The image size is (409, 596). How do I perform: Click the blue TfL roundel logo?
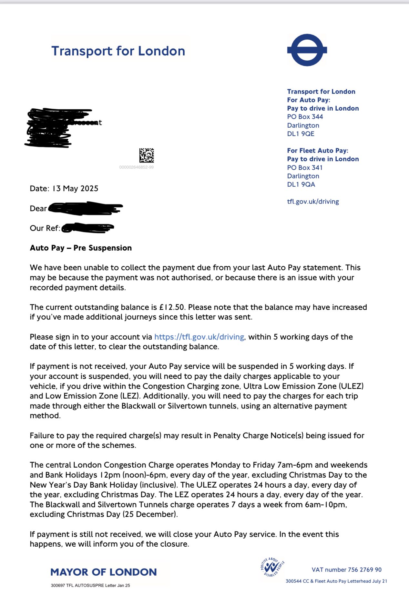pos(307,50)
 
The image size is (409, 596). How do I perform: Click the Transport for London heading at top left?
pos(118,51)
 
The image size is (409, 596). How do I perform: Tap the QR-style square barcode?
pos(147,155)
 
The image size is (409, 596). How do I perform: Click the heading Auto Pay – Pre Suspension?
pos(81,248)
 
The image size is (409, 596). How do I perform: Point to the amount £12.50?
pos(172,307)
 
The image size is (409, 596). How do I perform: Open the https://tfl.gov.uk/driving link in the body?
pos(199,337)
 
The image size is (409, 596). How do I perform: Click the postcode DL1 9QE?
pos(301,134)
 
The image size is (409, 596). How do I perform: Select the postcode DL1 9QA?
pos(301,184)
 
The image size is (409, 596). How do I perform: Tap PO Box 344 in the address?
pos(305,117)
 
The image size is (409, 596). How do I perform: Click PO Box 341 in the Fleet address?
pos(305,168)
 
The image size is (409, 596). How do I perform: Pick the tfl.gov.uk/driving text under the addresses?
pos(313,202)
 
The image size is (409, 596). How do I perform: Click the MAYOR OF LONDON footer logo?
pos(104,572)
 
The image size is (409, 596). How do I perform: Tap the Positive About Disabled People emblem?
pos(272,567)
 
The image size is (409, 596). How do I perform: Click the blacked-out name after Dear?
pos(85,208)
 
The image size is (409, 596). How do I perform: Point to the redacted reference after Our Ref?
pos(87,228)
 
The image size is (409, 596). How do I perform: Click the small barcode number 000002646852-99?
pos(136,167)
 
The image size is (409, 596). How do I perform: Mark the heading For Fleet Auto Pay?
pos(318,151)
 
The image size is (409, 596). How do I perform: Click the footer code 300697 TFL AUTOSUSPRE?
pos(90,585)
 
